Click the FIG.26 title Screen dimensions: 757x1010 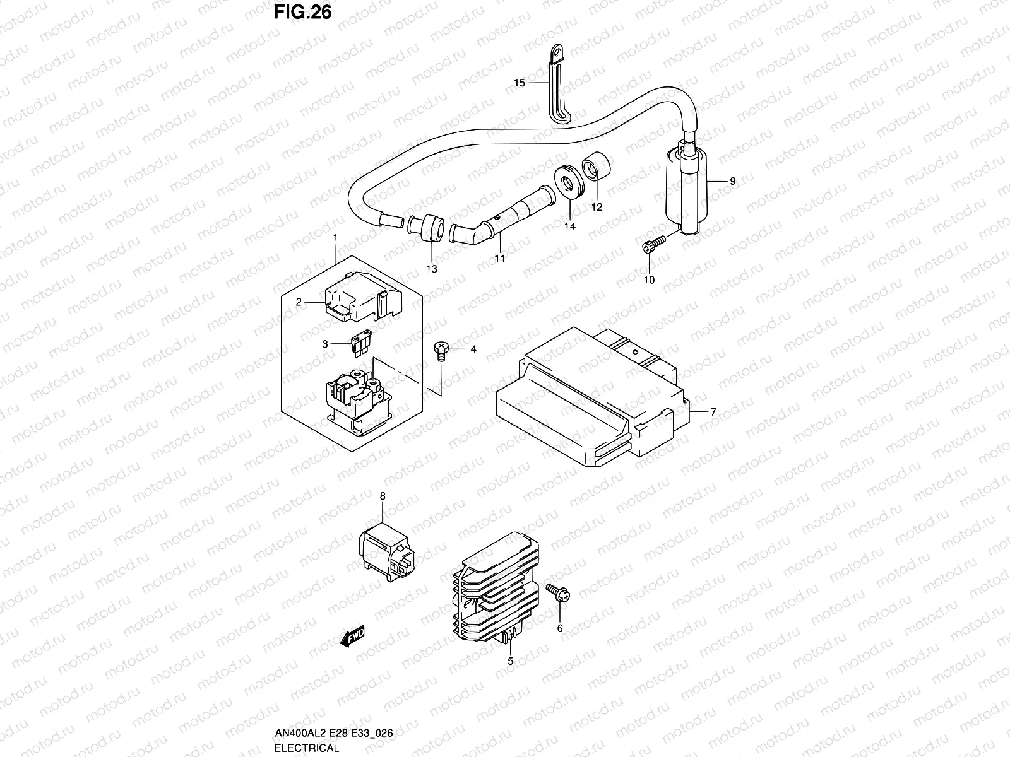[x=302, y=12]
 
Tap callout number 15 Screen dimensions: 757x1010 [x=519, y=83]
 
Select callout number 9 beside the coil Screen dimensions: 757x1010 [x=732, y=181]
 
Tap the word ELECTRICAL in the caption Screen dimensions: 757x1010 [x=307, y=748]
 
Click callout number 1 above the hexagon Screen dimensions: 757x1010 [x=335, y=238]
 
